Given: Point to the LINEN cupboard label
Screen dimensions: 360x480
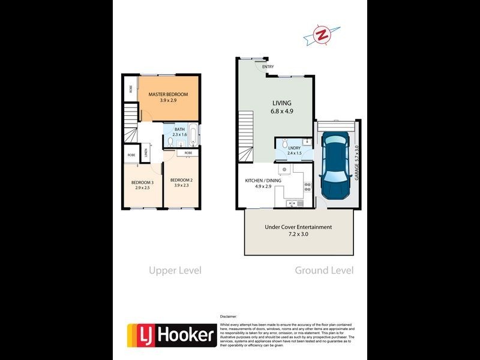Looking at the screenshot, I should [x=146, y=154].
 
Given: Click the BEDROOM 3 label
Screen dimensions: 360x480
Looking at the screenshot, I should [x=143, y=182].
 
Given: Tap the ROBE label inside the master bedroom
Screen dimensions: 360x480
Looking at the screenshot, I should [x=130, y=89].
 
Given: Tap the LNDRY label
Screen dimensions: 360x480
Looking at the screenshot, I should [x=294, y=148].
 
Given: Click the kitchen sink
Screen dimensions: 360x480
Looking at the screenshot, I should [x=293, y=203].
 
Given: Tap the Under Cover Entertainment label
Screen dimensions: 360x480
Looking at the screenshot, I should [x=298, y=227].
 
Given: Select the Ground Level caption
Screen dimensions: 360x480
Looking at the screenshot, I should [x=324, y=271].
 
